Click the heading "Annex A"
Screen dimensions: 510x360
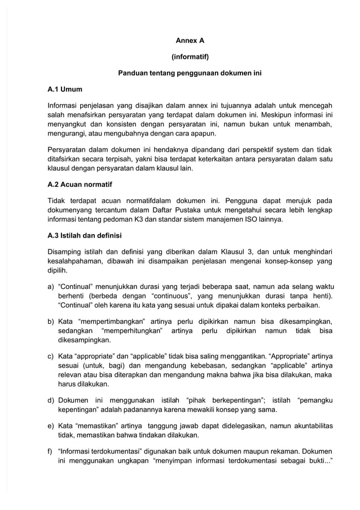[x=190, y=41]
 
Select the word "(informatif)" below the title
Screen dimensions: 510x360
[x=190, y=57]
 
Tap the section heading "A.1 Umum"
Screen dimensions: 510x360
[x=65, y=89]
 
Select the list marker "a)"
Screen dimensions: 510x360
[x=51, y=285]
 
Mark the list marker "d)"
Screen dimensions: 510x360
[x=51, y=401]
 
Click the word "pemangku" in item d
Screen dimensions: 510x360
[x=314, y=401]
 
